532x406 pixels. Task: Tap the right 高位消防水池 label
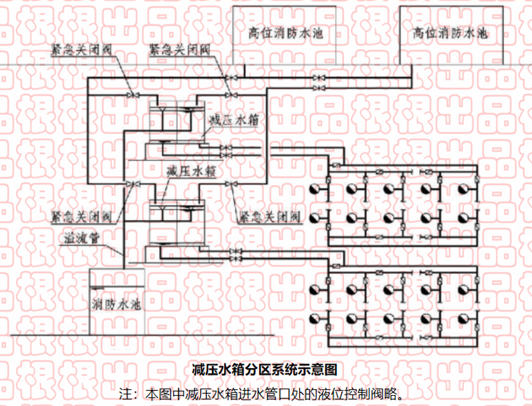click(450, 32)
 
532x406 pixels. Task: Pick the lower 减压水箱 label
click(191, 172)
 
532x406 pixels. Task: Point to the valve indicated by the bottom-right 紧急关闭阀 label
click(230, 185)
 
